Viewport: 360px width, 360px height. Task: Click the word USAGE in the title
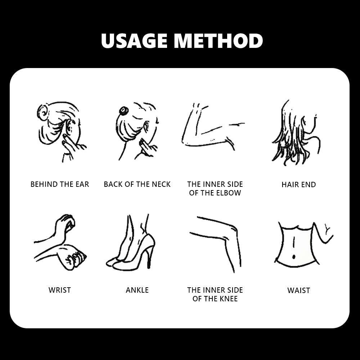click(134, 41)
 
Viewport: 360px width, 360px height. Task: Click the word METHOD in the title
click(219, 41)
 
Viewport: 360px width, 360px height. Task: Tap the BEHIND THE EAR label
click(60, 184)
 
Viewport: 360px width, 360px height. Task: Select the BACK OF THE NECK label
click(137, 184)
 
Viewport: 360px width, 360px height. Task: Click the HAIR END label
click(299, 185)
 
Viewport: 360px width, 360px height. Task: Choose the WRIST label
click(60, 290)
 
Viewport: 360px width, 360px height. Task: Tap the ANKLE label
click(137, 290)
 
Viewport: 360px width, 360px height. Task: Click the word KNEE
click(229, 299)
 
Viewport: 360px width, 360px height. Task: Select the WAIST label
click(299, 291)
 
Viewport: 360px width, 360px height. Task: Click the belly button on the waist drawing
click(294, 257)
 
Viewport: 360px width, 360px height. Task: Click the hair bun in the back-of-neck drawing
click(124, 111)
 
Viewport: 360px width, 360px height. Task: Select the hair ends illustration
click(296, 133)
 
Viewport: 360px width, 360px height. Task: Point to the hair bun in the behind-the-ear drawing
click(43, 112)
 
